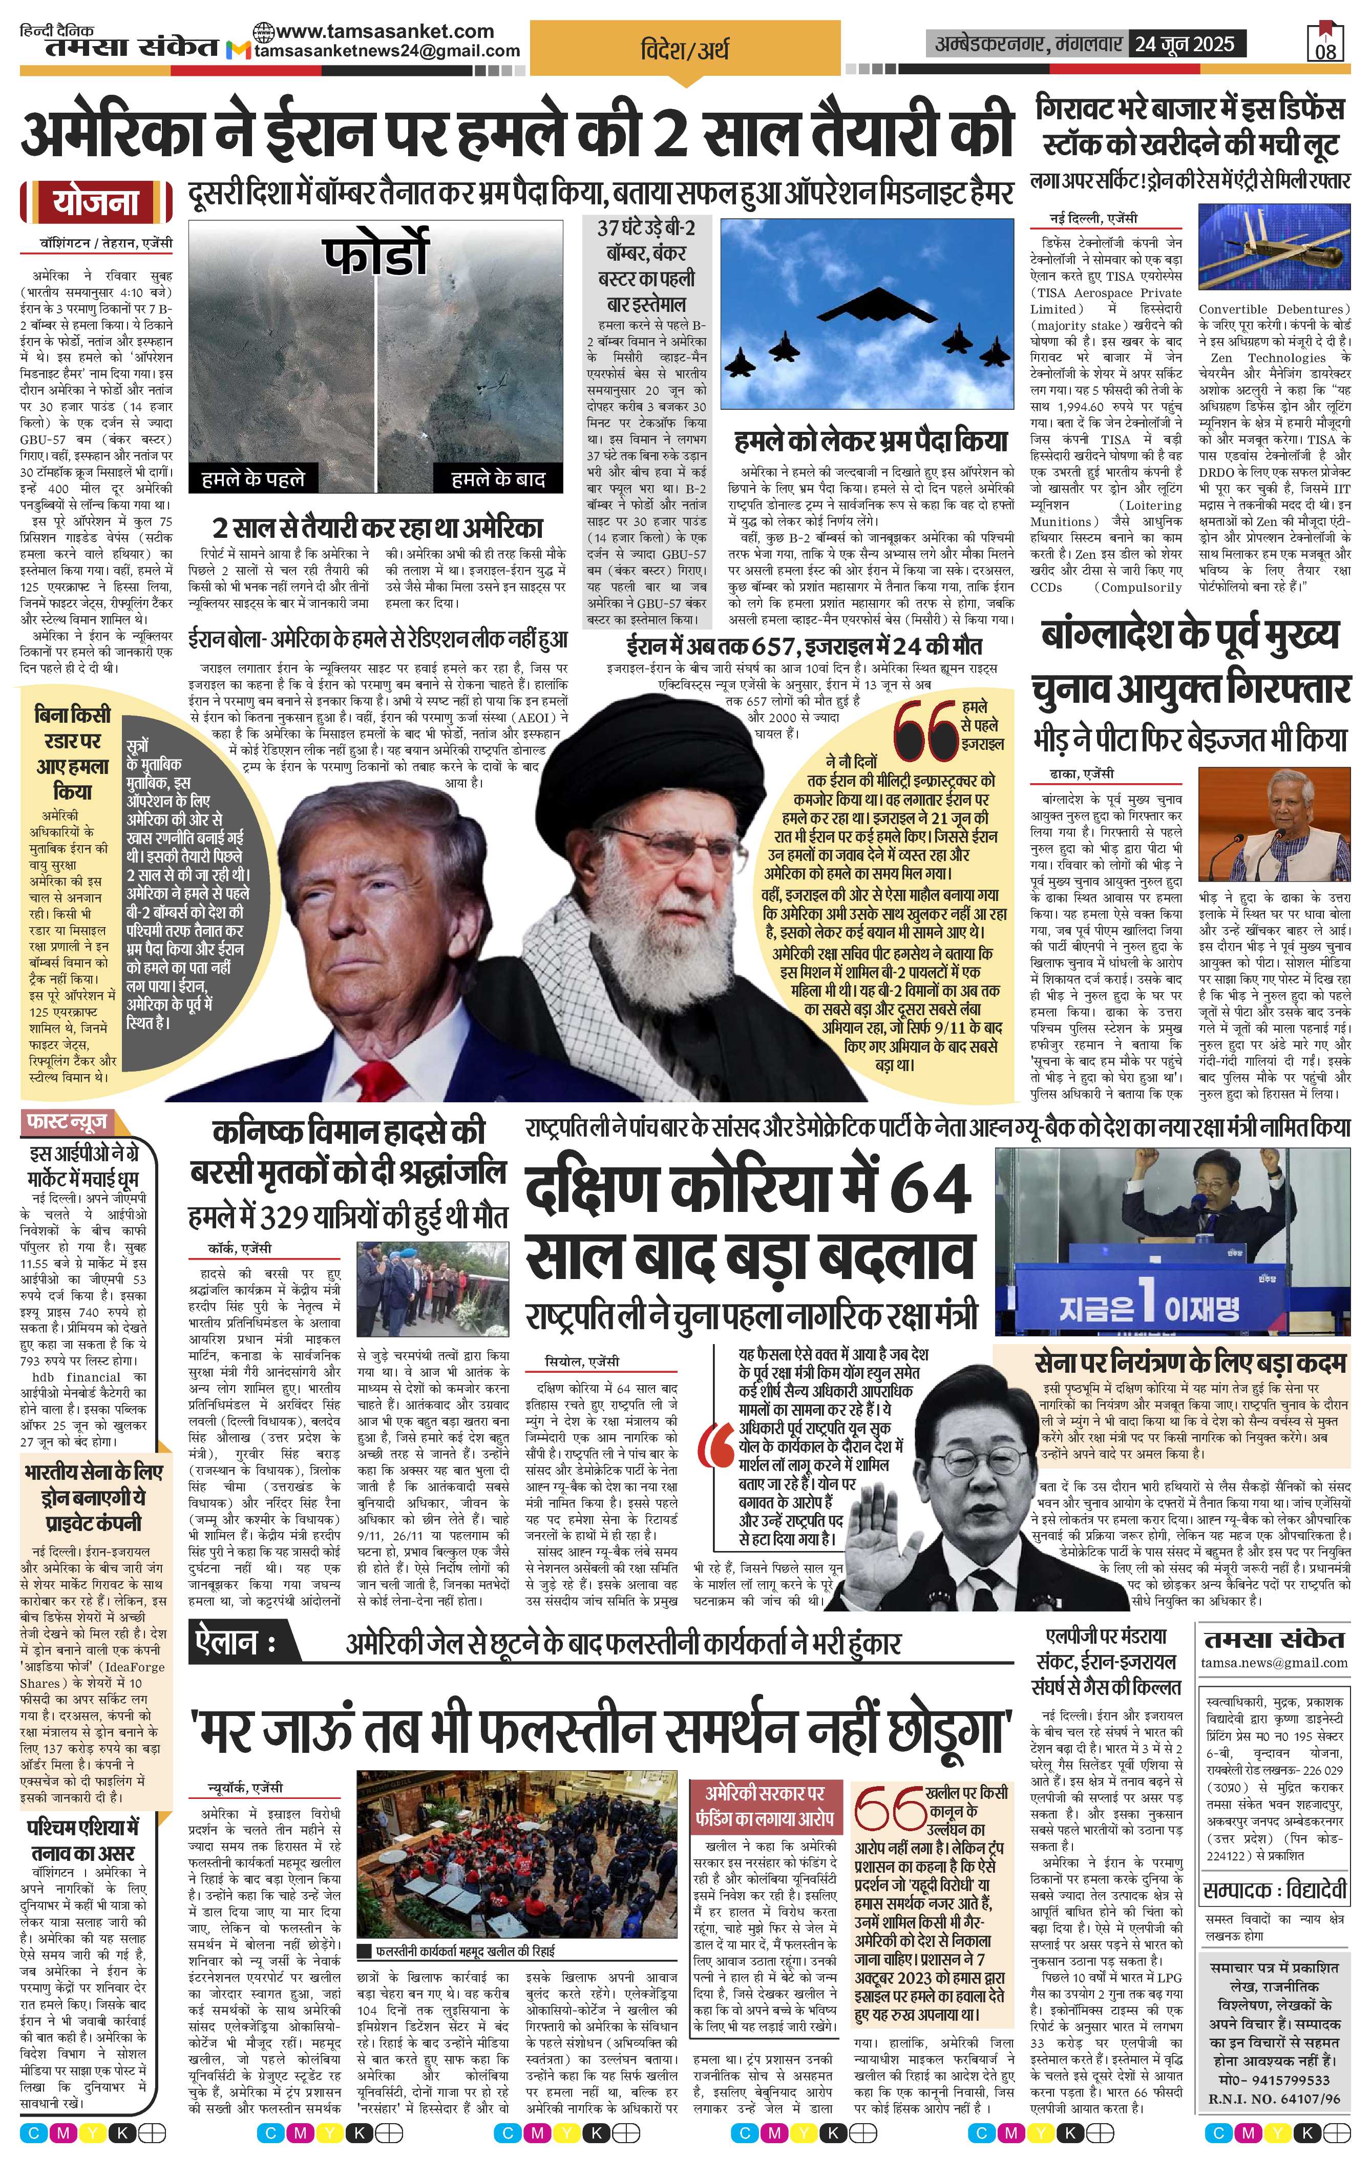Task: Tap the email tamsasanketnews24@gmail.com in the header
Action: [387, 51]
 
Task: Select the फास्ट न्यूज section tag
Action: [69, 1121]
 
